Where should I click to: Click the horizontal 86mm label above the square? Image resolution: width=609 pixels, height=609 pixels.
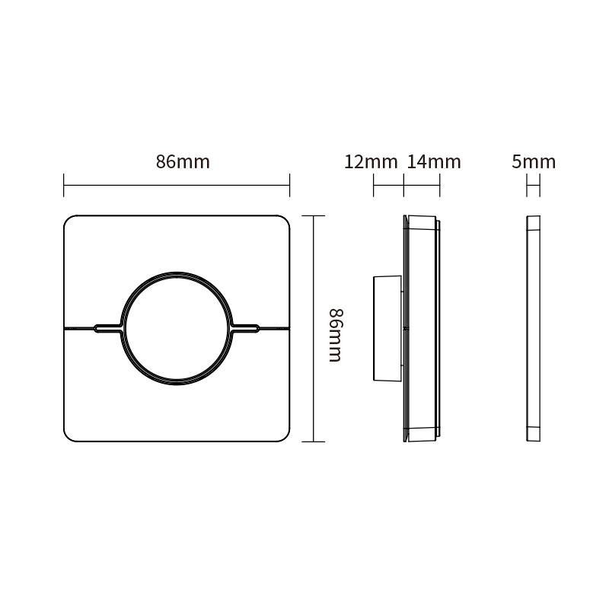click(183, 162)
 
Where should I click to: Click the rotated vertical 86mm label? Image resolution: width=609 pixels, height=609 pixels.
click(336, 335)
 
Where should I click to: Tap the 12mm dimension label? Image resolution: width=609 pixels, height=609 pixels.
click(371, 162)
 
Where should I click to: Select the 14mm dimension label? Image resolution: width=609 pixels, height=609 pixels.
click(434, 162)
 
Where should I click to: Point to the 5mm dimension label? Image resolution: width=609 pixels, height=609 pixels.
click(534, 162)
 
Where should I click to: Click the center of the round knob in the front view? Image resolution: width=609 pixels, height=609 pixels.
click(177, 329)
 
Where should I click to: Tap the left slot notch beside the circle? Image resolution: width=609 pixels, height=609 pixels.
click(108, 329)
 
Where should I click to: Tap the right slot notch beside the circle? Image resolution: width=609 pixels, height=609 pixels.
click(246, 329)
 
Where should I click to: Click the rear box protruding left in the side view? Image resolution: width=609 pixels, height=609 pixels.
click(387, 328)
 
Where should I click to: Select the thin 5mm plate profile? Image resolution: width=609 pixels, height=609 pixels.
click(534, 329)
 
